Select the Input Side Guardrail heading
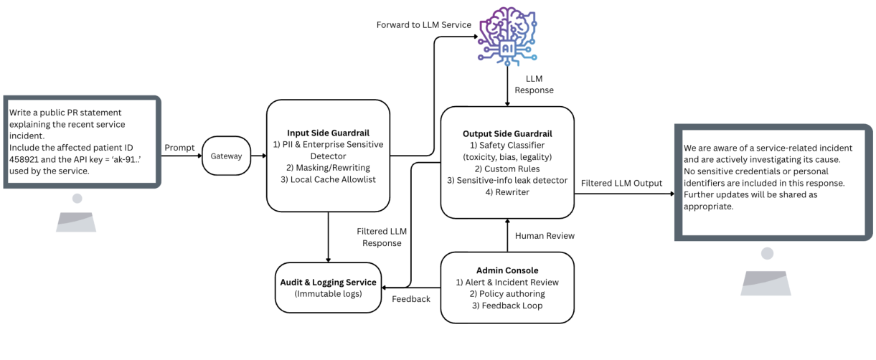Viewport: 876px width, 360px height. [x=327, y=132]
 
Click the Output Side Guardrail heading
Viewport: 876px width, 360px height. [x=507, y=133]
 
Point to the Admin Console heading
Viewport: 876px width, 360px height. [x=507, y=270]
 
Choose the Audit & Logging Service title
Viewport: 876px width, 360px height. [x=327, y=283]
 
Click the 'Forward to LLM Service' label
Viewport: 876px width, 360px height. [x=424, y=25]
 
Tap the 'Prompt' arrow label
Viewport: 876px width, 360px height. [x=179, y=147]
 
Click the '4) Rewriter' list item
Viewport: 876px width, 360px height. [x=507, y=193]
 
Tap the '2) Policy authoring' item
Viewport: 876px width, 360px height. [x=507, y=294]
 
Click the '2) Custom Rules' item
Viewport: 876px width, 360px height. [x=507, y=169]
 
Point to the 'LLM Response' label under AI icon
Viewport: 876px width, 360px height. [x=534, y=84]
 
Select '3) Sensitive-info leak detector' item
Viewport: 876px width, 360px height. [x=507, y=181]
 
